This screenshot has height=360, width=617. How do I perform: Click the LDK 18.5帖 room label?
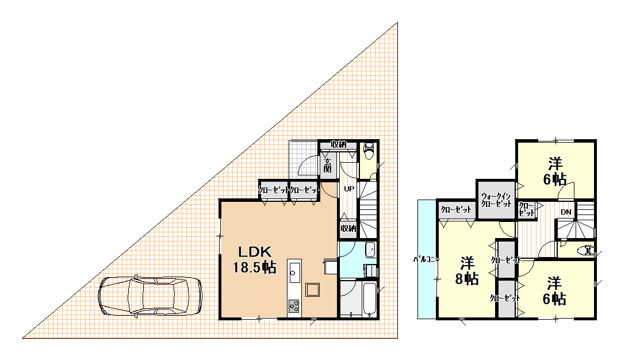click(255, 260)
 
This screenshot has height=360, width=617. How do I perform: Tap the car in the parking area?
click(150, 296)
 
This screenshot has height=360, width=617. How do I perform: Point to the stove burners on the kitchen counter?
click(293, 306)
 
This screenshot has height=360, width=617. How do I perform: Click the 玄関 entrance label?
click(327, 166)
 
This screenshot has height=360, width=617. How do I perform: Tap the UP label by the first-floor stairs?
click(349, 189)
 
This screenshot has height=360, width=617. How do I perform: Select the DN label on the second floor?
click(566, 212)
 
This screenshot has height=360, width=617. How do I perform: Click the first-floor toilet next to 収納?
click(369, 151)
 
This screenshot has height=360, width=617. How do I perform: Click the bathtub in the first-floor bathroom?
click(370, 299)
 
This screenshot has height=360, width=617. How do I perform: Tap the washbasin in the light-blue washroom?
click(370, 250)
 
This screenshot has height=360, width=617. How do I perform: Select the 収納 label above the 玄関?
click(339, 144)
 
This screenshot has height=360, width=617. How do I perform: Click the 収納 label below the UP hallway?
click(348, 228)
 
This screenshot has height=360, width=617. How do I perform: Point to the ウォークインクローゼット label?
click(496, 200)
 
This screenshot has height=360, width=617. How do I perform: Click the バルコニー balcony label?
click(426, 260)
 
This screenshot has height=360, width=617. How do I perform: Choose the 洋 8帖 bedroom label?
click(467, 271)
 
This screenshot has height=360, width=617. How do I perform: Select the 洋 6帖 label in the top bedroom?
click(555, 171)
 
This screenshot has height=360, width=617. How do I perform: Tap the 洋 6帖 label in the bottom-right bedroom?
click(554, 291)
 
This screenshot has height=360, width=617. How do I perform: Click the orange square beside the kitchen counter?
click(313, 290)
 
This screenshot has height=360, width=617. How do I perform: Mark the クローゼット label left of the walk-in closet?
click(456, 210)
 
